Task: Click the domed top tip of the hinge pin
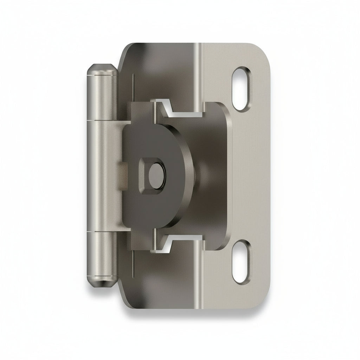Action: (x=102, y=68)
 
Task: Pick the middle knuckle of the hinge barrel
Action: (x=102, y=176)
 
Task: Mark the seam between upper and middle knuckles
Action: (x=102, y=120)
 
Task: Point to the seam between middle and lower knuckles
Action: (x=102, y=232)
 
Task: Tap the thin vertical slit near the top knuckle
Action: (x=134, y=88)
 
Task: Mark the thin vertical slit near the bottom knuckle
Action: (x=134, y=264)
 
